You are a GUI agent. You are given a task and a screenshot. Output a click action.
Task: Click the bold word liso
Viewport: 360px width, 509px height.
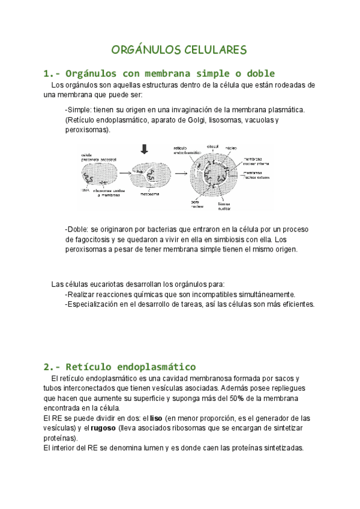(x=155, y=418)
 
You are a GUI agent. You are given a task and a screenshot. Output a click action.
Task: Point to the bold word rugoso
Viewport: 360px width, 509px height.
(x=104, y=428)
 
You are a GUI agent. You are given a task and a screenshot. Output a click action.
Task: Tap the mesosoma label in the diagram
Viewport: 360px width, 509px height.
(x=149, y=194)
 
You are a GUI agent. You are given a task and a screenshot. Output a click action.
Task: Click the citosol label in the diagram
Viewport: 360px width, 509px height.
(x=212, y=146)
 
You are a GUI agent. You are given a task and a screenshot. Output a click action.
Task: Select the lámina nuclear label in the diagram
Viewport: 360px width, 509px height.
(x=224, y=205)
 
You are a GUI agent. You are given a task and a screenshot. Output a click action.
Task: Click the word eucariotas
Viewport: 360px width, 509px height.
(x=104, y=283)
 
